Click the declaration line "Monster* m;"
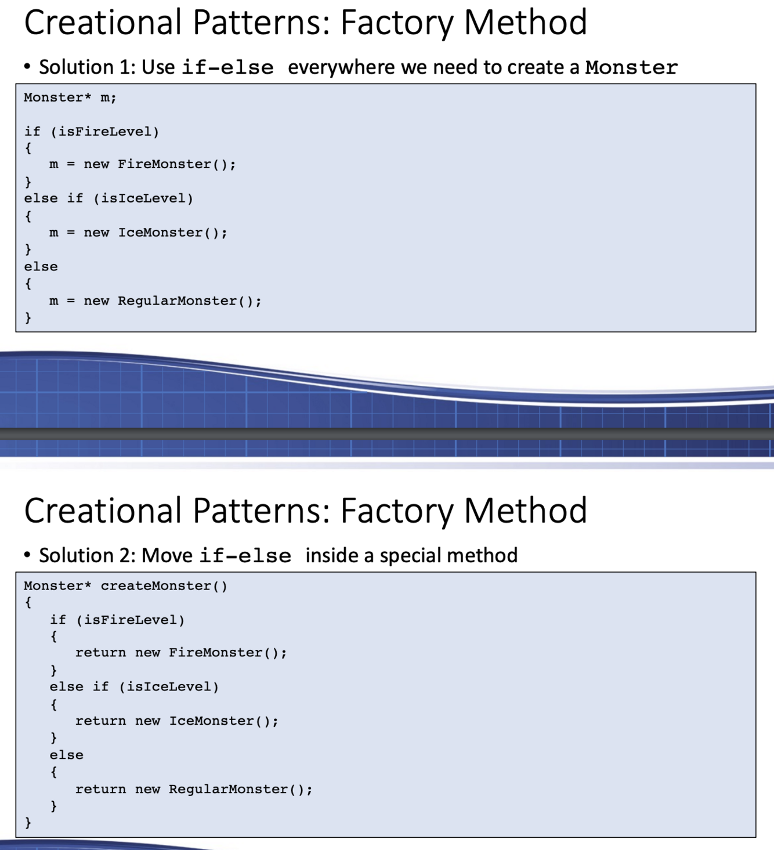coord(70,97)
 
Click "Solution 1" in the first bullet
coord(85,67)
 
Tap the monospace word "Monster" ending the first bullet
coord(631,67)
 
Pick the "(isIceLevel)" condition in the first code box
coord(143,198)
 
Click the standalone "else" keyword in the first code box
coord(41,267)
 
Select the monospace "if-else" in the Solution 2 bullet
coord(245,556)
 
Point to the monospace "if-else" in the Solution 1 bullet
coord(227,67)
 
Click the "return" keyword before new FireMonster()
coord(100,653)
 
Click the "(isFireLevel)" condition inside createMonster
coord(135,620)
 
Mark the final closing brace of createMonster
coord(28,823)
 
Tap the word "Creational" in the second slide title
coord(103,511)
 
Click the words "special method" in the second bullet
coord(449,556)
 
